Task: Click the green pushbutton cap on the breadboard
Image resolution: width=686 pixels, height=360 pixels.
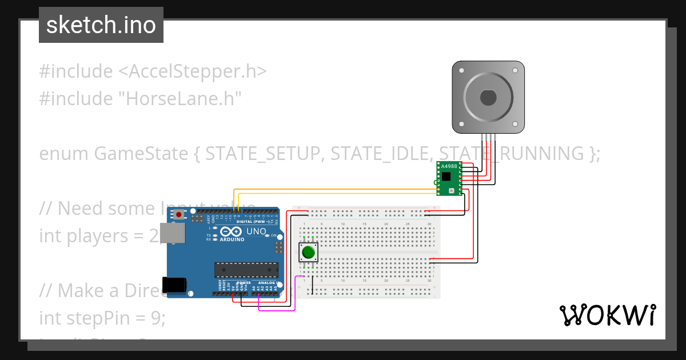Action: click(x=309, y=252)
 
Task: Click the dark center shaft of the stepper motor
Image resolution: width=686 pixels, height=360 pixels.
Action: click(x=488, y=98)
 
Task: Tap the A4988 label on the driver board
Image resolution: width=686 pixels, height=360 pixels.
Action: click(x=450, y=166)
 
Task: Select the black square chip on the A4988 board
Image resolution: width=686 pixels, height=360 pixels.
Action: click(x=446, y=176)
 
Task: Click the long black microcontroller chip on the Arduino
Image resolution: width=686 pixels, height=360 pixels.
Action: click(x=246, y=269)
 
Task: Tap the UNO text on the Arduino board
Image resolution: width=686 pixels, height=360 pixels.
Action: click(x=256, y=231)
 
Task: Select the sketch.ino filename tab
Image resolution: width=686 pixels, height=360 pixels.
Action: click(x=101, y=25)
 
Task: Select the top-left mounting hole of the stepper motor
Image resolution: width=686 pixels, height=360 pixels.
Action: click(x=460, y=69)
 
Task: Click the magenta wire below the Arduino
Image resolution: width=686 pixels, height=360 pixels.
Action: click(x=277, y=310)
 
